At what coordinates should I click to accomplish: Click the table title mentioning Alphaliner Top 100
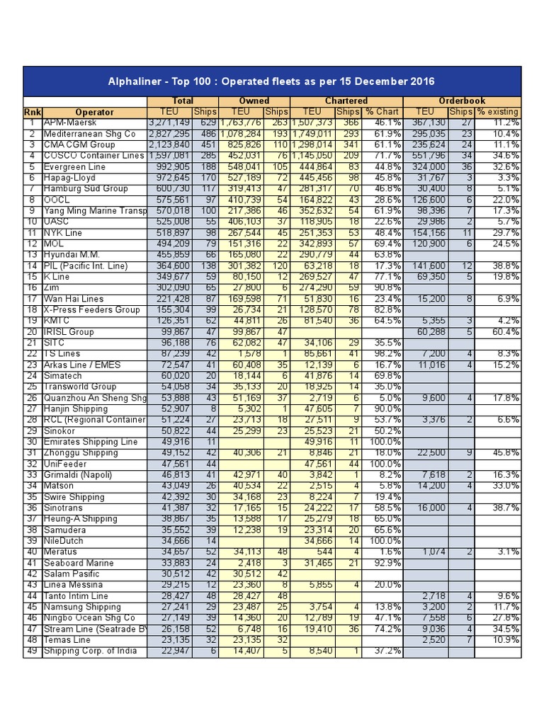coord(272,81)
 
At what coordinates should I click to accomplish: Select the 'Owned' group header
coord(254,101)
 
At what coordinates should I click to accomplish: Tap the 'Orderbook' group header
coord(462,101)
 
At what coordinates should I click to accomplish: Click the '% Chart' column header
coord(382,112)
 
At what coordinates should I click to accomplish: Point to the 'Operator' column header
coord(94,112)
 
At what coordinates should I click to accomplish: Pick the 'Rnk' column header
coord(33,112)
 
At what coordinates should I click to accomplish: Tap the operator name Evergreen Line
coord(75,167)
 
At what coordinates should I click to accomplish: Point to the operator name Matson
coord(60,486)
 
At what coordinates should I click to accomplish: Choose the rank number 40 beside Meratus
coord(32,552)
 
